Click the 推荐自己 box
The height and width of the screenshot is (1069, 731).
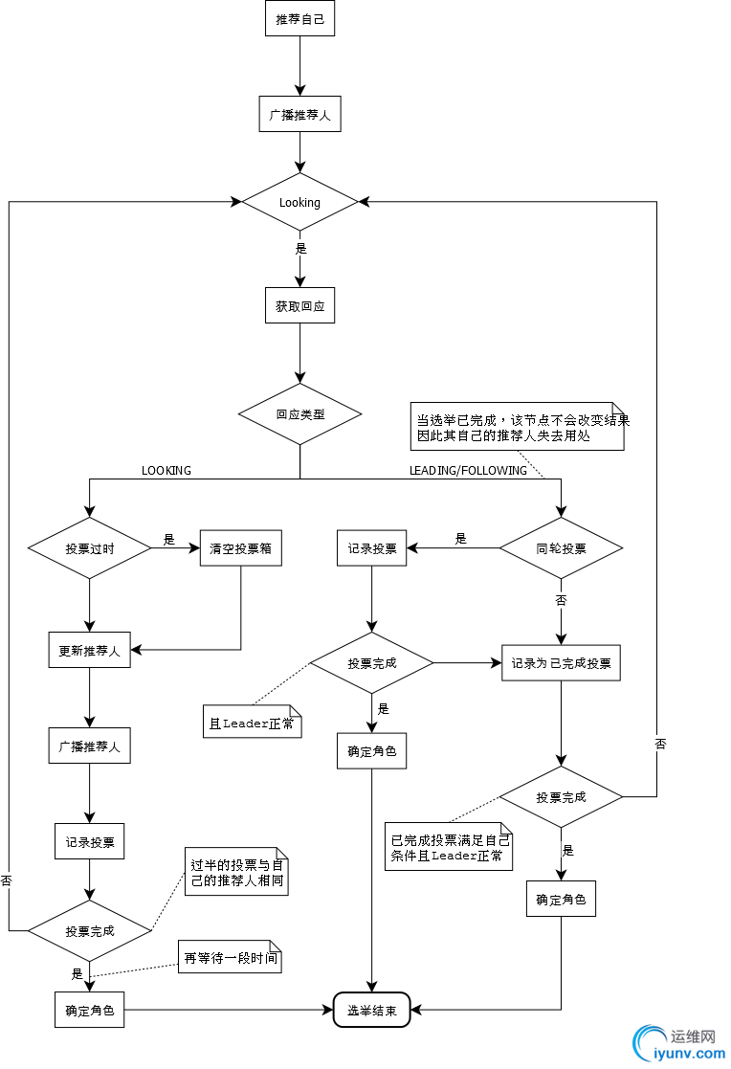coord(299,19)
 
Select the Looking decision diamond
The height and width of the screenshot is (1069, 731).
coord(299,202)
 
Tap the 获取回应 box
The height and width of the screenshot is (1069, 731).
coord(299,307)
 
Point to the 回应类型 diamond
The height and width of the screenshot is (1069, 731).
coord(299,414)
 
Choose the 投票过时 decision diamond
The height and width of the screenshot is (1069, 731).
coord(89,548)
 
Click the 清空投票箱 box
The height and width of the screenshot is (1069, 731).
coord(241,548)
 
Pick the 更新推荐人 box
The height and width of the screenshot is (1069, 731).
coord(89,651)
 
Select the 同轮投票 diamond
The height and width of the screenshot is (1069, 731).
coord(561,548)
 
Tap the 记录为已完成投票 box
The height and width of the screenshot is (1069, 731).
coord(561,663)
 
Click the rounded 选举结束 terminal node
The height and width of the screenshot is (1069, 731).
coord(371,1010)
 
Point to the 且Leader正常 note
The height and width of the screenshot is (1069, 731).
coord(252,724)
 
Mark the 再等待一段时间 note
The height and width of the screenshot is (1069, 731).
coord(230,957)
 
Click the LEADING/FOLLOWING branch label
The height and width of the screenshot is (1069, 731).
coord(468,470)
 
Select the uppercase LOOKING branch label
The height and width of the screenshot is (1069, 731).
coord(166,470)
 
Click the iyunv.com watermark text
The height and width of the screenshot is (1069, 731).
coord(688,1053)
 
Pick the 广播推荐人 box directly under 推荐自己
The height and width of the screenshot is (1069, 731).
coord(299,115)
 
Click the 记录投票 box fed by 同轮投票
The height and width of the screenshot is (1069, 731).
coord(372,548)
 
